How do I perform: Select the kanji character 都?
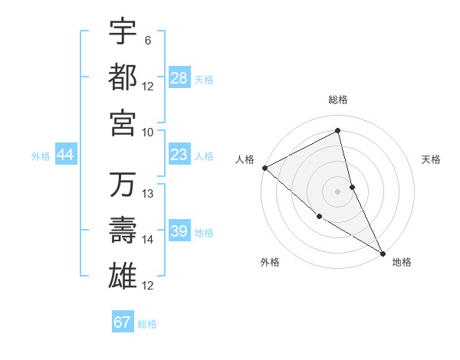[x=123, y=77]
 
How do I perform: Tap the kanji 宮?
[x=123, y=123]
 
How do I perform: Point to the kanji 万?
[x=123, y=185]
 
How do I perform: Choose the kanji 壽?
[x=123, y=231]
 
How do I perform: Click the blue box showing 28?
[x=179, y=78]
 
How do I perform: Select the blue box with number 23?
[x=179, y=155]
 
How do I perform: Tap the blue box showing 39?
[x=179, y=232]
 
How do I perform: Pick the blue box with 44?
[x=66, y=155]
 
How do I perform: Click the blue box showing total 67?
[x=123, y=322]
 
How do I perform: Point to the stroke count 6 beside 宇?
[x=148, y=39]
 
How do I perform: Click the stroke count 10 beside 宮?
[x=148, y=132]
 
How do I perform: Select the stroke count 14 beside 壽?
[x=148, y=240]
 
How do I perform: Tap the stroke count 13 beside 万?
[x=148, y=194]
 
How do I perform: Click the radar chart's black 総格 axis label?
[x=337, y=100]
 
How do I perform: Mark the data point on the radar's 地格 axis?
[x=383, y=253]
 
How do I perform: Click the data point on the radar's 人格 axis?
[x=264, y=167]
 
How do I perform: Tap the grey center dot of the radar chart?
[x=337, y=191]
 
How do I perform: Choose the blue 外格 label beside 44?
[x=40, y=155]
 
